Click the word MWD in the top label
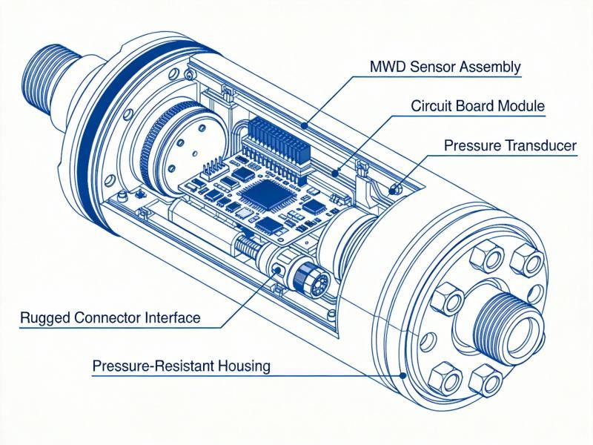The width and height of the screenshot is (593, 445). (x=387, y=67)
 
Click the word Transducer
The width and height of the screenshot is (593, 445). (x=537, y=145)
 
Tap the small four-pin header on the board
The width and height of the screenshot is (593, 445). (x=213, y=165)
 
